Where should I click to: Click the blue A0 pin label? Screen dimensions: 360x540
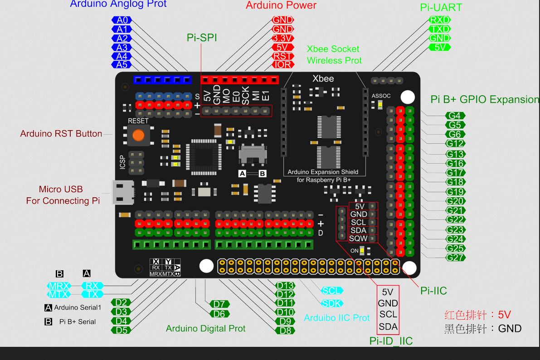(x=122, y=20)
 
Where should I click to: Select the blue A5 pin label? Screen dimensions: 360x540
(x=122, y=65)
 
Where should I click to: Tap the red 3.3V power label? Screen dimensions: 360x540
(x=282, y=38)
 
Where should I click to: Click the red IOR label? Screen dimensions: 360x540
(x=282, y=65)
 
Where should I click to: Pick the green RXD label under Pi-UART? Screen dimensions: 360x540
(x=439, y=20)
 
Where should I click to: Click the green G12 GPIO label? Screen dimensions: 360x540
(x=455, y=144)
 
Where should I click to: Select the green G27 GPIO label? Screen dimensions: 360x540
(x=455, y=258)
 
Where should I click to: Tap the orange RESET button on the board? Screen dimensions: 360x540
(x=138, y=135)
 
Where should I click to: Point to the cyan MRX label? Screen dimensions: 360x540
(x=59, y=286)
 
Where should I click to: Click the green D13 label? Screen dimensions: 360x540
(x=285, y=286)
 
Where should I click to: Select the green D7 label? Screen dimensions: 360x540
(x=219, y=304)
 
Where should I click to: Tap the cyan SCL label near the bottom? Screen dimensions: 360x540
(x=331, y=291)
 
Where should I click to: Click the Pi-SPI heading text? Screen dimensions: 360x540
(x=202, y=38)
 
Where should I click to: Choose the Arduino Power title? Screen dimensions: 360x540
(x=281, y=5)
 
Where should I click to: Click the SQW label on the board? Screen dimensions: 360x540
(x=358, y=238)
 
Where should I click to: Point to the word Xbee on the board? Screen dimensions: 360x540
(x=323, y=78)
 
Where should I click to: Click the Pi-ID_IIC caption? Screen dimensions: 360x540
(x=391, y=341)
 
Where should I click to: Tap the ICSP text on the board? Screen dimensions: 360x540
(x=122, y=162)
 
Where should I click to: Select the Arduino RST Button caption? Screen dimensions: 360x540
(x=61, y=134)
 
